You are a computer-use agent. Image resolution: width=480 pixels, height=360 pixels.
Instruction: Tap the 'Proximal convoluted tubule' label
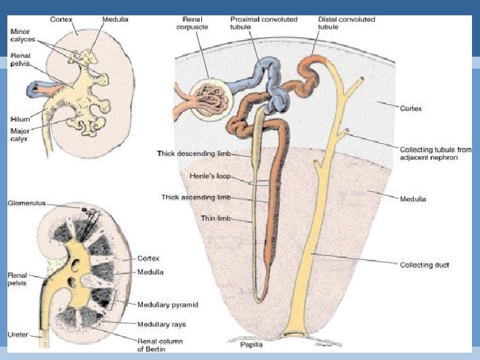(259, 23)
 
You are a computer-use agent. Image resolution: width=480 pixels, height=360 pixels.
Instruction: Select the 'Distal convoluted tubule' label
(347, 23)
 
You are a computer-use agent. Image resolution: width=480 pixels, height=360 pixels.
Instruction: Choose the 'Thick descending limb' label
(193, 154)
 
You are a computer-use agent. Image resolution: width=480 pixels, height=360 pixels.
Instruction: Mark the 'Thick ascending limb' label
(195, 197)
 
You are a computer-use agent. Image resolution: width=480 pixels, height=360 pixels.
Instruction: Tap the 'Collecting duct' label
(424, 265)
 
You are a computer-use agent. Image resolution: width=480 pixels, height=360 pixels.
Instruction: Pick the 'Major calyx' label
(20, 135)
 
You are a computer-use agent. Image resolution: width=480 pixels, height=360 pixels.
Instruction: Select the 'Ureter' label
(18, 334)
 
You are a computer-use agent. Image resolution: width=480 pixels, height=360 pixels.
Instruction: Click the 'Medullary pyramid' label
(167, 305)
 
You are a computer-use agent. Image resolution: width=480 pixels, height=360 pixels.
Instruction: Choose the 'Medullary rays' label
(161, 324)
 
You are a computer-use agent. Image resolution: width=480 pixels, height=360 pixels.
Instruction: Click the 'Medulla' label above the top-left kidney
(116, 19)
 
